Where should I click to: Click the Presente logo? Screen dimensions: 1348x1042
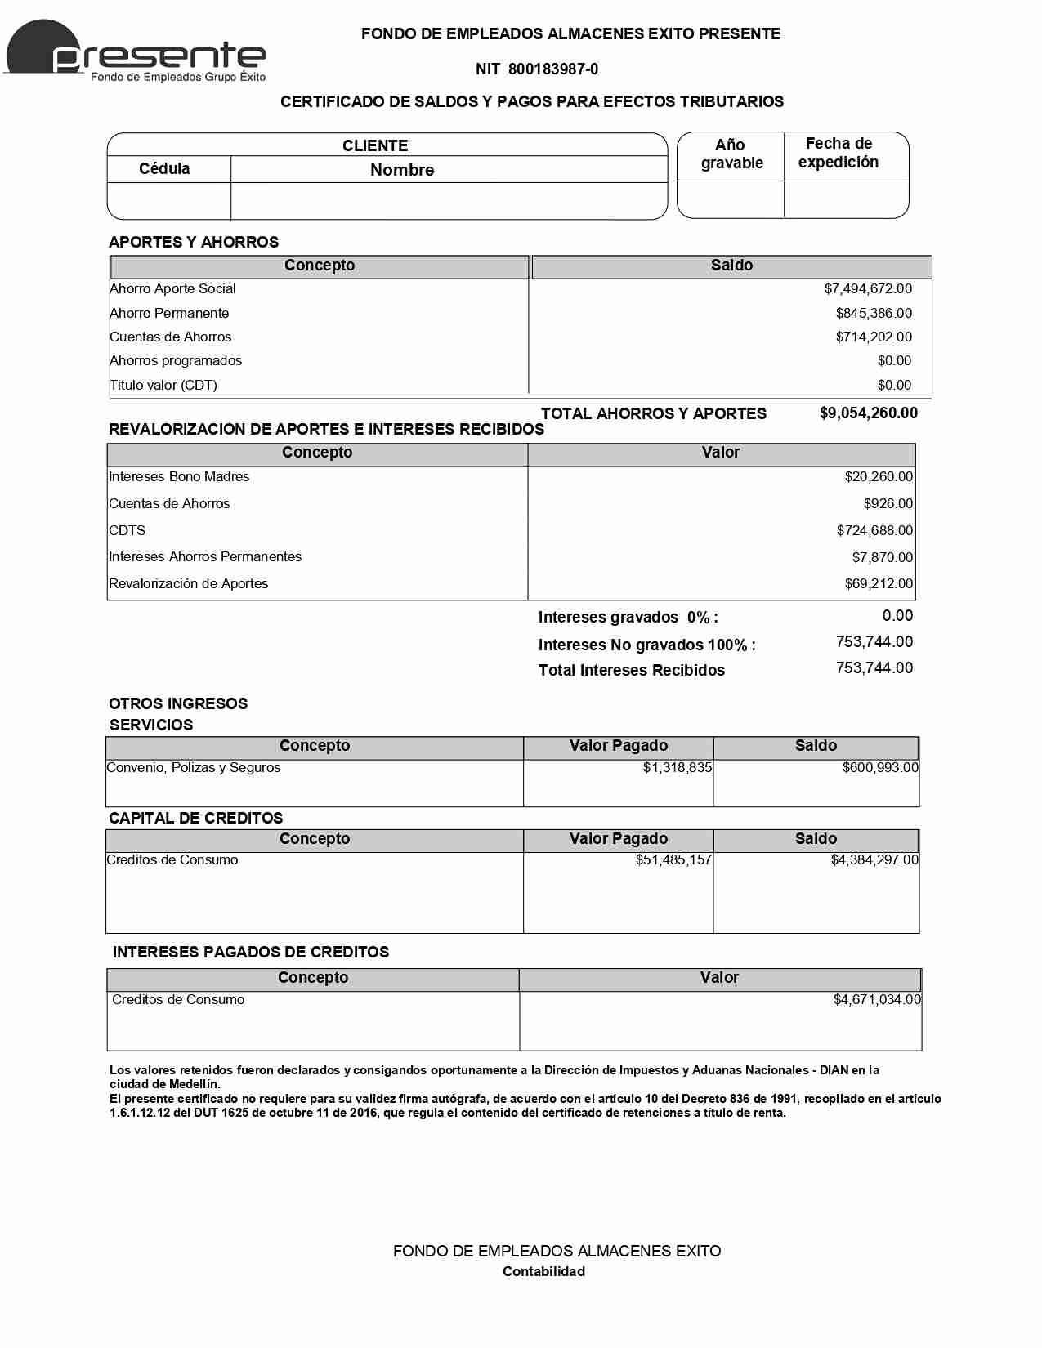136,51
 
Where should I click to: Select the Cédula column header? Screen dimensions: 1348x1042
164,169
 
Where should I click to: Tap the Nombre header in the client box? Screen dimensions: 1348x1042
402,170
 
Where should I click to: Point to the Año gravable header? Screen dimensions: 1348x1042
731,154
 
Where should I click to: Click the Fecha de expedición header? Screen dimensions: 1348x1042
839,153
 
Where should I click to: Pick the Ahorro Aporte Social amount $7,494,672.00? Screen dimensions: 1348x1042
868,289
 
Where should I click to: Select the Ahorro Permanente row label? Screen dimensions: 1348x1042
170,314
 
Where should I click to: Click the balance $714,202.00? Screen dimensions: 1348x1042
874,337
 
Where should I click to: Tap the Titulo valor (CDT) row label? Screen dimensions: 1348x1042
164,386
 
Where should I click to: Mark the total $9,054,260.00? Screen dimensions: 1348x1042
868,413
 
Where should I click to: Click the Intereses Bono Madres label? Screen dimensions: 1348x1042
179,477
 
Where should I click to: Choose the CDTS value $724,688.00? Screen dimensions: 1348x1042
874,531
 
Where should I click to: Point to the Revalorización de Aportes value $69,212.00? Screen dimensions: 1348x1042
879,584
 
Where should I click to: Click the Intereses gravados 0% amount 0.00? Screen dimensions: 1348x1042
897,616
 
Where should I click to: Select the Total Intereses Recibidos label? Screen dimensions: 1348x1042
631,671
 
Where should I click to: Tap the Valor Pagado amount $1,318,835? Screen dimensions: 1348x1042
677,768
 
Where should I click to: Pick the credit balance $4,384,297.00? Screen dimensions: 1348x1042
874,860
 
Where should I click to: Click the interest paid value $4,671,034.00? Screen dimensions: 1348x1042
877,1000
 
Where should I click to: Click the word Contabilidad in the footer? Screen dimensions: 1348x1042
543,1272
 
